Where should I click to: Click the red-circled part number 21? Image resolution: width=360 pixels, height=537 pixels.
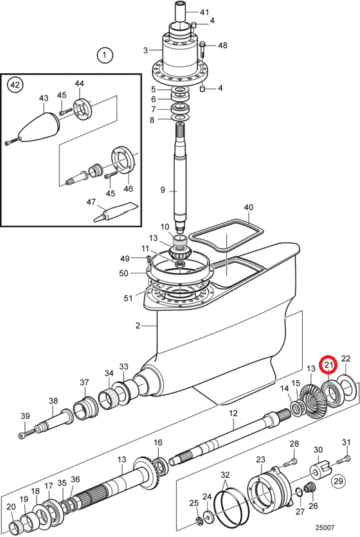pos(328,365)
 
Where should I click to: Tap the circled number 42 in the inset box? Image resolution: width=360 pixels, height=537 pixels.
pos(15,85)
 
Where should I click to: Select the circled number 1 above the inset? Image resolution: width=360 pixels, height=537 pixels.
pos(105,55)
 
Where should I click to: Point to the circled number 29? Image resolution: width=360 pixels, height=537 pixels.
pos(338,481)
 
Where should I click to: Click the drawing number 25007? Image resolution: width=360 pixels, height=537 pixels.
pos(325,527)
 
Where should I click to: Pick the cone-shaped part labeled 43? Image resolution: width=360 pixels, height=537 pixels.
pos(34,126)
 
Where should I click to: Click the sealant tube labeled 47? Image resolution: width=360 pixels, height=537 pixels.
pos(116,213)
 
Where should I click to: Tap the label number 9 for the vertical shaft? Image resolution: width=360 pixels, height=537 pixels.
pos(163,189)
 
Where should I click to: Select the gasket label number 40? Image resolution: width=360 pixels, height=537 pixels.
pos(249,207)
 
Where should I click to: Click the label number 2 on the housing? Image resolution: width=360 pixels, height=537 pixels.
pos(138,326)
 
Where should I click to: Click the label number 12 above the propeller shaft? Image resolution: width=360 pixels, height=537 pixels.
pos(233,414)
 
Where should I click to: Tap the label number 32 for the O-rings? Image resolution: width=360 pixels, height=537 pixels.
pos(225,475)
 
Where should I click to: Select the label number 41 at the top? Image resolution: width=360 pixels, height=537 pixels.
pos(204,12)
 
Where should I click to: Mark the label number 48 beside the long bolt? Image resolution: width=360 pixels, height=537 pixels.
pos(222,45)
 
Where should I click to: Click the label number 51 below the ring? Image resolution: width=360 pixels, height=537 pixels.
pos(128,298)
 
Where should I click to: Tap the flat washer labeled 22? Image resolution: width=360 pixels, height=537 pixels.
pos(347,389)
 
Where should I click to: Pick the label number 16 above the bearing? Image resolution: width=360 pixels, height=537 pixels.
pos(157,443)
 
